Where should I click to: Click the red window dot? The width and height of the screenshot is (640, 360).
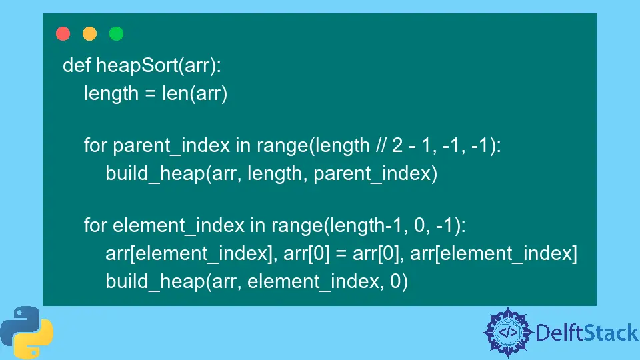click(63, 34)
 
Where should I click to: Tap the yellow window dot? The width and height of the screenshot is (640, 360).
click(89, 34)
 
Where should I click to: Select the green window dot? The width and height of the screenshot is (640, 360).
click(116, 34)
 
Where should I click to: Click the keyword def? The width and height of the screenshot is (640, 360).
click(77, 65)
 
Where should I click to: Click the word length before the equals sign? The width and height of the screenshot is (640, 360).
click(111, 94)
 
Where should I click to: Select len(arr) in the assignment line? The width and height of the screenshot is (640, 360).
click(195, 94)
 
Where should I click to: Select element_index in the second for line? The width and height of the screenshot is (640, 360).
click(179, 226)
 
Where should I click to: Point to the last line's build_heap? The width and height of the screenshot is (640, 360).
click(154, 282)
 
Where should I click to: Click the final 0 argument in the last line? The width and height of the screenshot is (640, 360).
click(395, 282)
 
